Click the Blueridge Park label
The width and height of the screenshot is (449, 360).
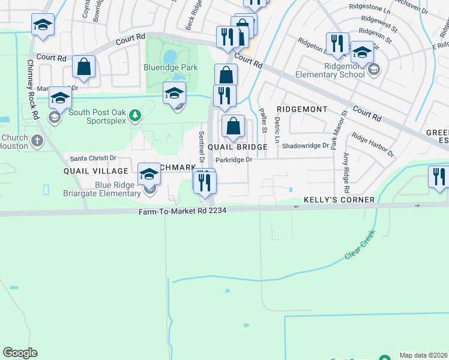(x=170, y=68)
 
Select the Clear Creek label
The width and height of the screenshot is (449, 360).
(x=360, y=245)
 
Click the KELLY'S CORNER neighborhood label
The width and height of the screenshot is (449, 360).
(x=339, y=200)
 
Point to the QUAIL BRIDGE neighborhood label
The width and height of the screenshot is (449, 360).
(x=237, y=147)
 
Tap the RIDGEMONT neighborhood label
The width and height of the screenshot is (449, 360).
(x=302, y=109)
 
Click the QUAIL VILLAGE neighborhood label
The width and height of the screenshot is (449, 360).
(x=96, y=171)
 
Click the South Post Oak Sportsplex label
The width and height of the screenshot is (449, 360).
(x=98, y=112)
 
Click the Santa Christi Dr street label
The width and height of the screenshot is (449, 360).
(x=93, y=158)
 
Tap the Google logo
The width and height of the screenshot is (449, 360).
(x=20, y=353)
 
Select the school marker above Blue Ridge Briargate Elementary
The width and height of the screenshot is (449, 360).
(x=149, y=175)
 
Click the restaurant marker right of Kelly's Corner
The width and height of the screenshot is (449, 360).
(x=439, y=177)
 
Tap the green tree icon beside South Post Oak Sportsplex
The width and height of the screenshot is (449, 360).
(x=136, y=114)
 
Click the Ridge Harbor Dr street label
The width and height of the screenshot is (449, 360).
(x=373, y=145)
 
